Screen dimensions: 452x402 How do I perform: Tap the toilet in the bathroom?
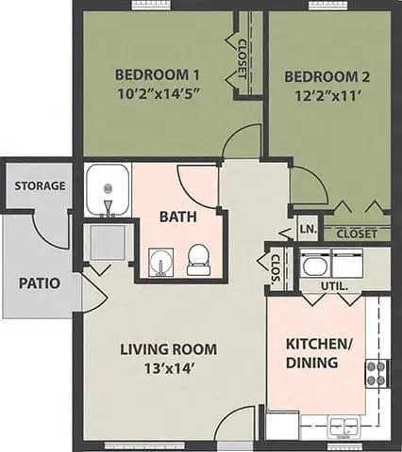198,259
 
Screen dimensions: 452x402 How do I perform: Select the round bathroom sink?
160,261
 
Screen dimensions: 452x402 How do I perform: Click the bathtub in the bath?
107,191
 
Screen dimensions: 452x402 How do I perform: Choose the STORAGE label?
40,186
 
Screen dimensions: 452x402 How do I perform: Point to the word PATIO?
40,282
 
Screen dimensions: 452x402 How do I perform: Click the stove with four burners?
377,373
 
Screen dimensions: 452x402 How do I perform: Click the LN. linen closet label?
307,229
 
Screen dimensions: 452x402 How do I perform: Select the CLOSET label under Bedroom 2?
357,233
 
